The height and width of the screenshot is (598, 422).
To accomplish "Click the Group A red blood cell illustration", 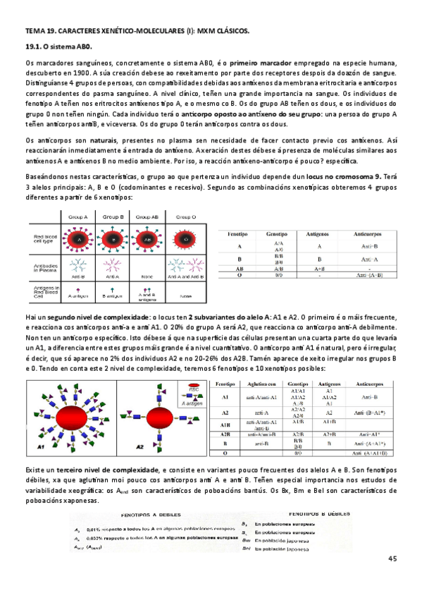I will (80, 239).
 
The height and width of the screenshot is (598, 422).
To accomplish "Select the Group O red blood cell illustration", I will (186, 239).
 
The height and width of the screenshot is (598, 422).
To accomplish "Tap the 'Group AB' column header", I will (151, 217).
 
